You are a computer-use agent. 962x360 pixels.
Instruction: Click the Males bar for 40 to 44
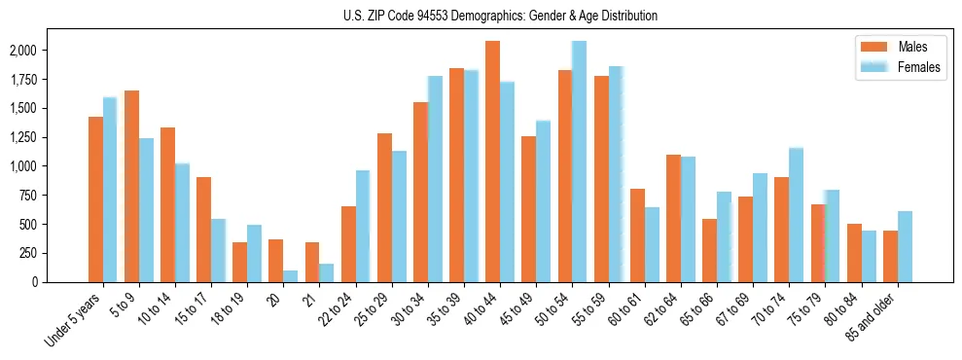point(493,162)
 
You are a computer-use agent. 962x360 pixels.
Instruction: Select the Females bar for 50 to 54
point(580,162)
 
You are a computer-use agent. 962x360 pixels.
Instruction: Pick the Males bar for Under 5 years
point(95,199)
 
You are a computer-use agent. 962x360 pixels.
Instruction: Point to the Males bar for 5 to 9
point(131,186)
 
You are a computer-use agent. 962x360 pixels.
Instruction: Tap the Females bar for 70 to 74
point(796,215)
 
